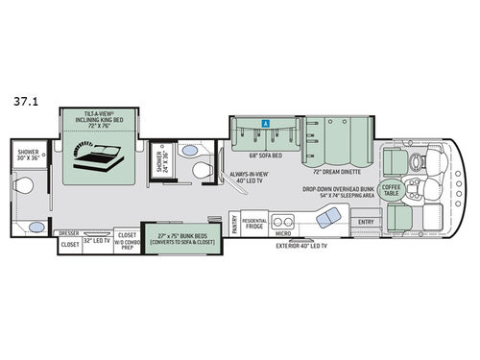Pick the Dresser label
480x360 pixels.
pos(69,232)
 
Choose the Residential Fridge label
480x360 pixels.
pos(254,222)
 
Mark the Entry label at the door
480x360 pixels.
pos(365,222)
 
